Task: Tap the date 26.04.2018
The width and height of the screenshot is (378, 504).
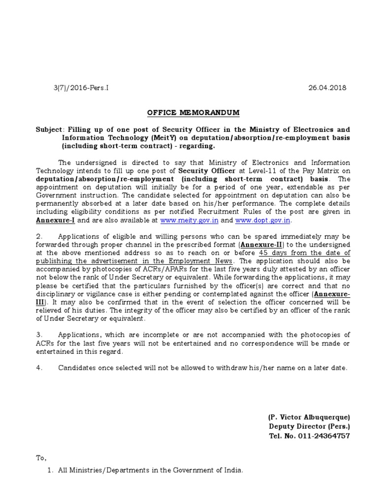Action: point(327,88)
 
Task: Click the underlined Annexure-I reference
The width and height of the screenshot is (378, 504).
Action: point(55,220)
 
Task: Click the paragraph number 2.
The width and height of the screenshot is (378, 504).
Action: point(40,237)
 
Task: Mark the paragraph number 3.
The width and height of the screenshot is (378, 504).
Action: point(40,335)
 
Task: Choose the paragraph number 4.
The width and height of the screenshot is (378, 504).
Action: point(40,368)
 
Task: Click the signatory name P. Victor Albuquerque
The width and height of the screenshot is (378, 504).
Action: point(309,417)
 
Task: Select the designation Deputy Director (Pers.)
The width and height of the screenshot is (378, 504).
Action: point(309,426)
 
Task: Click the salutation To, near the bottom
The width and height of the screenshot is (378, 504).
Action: point(41,458)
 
